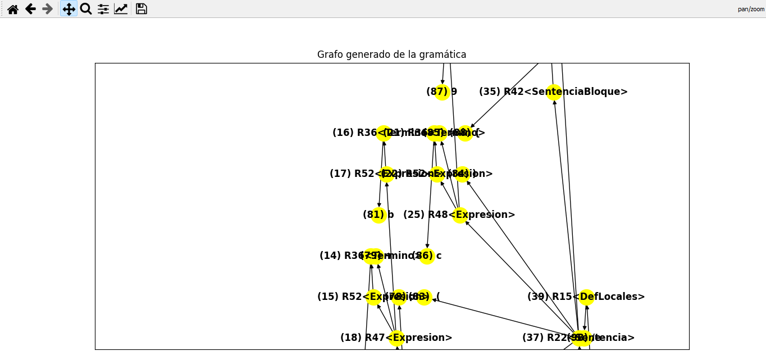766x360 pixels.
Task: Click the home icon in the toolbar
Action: tap(13, 9)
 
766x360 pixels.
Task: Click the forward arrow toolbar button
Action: tap(48, 9)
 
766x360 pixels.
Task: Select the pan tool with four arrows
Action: tap(69, 9)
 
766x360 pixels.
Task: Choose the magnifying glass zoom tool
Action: tap(86, 9)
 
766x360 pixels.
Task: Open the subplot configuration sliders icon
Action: tap(103, 9)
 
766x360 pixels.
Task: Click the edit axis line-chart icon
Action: tap(121, 9)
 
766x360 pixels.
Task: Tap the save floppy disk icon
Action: tap(142, 9)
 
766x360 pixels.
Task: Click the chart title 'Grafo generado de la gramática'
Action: tap(391, 54)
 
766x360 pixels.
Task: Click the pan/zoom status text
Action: tap(751, 9)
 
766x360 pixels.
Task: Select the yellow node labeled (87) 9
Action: tap(443, 92)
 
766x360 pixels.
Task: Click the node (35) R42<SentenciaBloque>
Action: tap(554, 92)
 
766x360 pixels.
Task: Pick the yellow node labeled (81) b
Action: tap(379, 215)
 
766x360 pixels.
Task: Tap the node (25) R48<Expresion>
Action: tap(460, 215)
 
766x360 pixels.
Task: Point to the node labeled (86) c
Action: tap(427, 256)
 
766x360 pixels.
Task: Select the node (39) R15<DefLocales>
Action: tap(586, 297)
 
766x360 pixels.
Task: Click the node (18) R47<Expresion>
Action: tap(396, 338)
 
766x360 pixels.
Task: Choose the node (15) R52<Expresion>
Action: tap(373, 297)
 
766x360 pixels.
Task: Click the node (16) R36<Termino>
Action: tap(384, 133)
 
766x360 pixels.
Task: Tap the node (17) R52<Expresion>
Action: tap(386, 174)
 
